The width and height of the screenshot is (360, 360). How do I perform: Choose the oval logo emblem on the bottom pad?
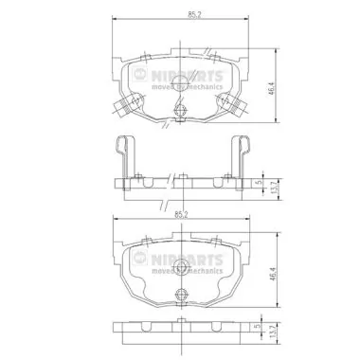pos(141,256)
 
